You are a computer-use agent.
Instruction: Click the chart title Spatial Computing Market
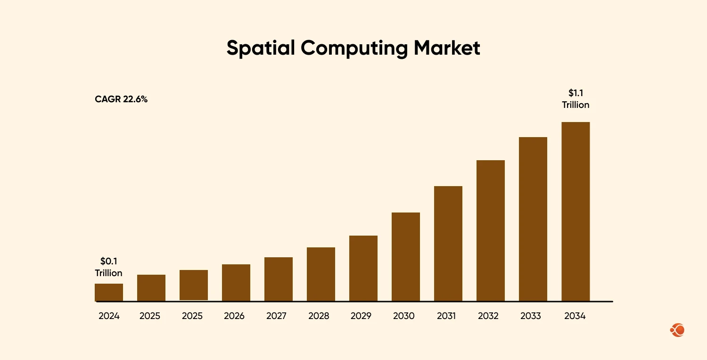tap(353, 48)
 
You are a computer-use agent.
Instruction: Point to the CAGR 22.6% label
tap(121, 99)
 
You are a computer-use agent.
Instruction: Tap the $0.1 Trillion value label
tap(108, 267)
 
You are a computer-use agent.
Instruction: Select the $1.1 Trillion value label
tap(575, 99)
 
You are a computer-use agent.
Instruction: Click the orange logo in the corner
tap(677, 330)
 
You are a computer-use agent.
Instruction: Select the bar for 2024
tap(109, 292)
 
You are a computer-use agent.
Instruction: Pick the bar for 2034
tap(575, 212)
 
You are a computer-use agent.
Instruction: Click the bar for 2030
tap(406, 257)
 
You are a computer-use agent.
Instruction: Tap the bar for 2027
tap(279, 279)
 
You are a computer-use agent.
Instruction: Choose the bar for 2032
tap(491, 230)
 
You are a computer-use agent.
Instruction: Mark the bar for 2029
tap(363, 268)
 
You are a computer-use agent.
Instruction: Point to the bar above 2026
tap(236, 283)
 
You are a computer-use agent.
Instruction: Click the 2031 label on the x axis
tap(446, 316)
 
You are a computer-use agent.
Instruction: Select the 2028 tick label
tap(319, 316)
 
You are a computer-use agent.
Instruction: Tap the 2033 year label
tap(530, 316)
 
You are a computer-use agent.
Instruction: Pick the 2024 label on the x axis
tap(109, 316)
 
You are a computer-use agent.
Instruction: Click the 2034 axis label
tap(575, 316)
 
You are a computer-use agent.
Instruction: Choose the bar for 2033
tap(533, 219)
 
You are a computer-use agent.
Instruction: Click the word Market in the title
tap(447, 48)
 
